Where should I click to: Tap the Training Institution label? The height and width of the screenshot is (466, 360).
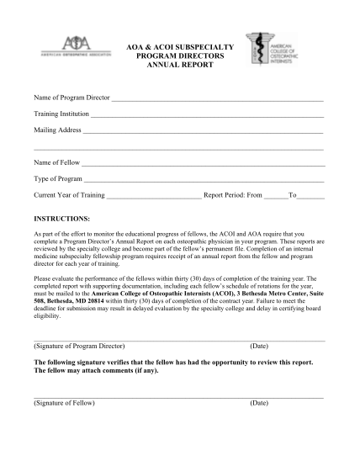[x=60, y=115]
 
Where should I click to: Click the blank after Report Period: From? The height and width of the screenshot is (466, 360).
[x=276, y=196]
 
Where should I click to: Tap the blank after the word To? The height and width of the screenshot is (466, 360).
[x=311, y=196]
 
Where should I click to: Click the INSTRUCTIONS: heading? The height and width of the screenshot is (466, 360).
[x=66, y=217]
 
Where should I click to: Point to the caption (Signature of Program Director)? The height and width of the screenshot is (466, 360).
[x=79, y=346]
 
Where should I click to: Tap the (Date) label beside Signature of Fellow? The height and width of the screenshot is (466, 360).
[x=259, y=402]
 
